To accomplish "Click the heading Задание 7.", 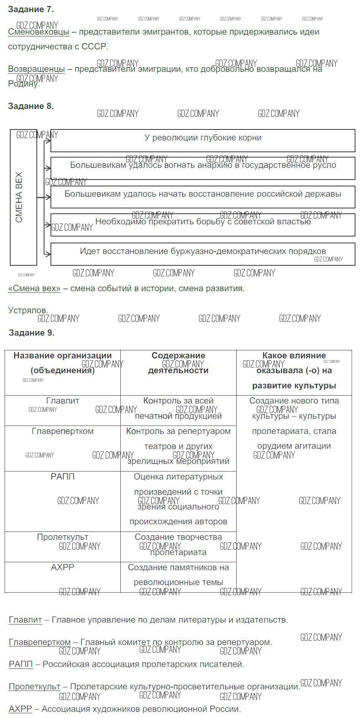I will (31, 9).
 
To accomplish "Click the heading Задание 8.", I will (31, 106).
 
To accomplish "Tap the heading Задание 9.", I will (32, 333).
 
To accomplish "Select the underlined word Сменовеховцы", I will (38, 32).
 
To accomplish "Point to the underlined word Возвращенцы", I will (36, 69).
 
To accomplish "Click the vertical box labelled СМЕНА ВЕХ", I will (23, 197).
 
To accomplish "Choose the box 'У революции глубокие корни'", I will (203, 138).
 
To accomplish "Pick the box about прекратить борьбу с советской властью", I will (203, 222).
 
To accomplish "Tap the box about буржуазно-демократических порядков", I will (203, 252).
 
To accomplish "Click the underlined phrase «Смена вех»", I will (34, 289).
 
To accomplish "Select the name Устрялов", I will (28, 311).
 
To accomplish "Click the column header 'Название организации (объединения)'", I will (63, 363).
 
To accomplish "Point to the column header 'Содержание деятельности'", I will (178, 363).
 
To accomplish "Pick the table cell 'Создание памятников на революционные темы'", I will (178, 575).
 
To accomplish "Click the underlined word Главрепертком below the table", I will (39, 642).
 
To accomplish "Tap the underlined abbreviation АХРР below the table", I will (20, 709).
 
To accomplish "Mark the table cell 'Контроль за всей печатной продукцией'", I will (178, 409).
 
